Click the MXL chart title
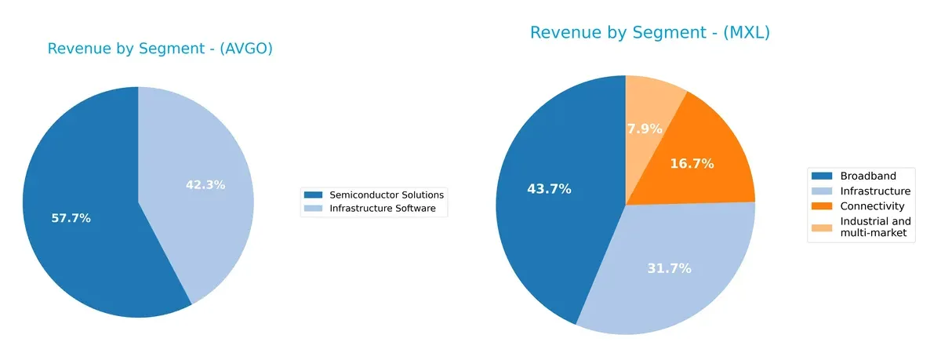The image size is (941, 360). click(x=649, y=33)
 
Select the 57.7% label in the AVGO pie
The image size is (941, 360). click(x=71, y=218)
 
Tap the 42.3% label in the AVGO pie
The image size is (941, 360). click(x=206, y=185)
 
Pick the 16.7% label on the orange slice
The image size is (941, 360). click(x=692, y=164)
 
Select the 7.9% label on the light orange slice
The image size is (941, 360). click(x=645, y=129)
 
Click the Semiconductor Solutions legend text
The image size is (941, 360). click(x=387, y=195)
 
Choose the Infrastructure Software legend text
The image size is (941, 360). click(x=383, y=209)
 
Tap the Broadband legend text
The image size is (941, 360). click(x=867, y=176)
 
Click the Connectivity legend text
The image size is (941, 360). click(x=872, y=206)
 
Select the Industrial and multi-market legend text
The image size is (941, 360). click(x=875, y=227)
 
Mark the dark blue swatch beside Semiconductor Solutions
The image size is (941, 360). click(x=313, y=195)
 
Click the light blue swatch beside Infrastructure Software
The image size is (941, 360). click(x=313, y=209)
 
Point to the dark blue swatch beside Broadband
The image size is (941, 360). click(x=823, y=176)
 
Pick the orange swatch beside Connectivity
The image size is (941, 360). click(x=823, y=206)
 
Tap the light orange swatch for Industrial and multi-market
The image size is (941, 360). click(x=823, y=227)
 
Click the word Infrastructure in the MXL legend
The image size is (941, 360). click(x=875, y=191)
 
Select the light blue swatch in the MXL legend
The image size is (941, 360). click(x=823, y=191)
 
